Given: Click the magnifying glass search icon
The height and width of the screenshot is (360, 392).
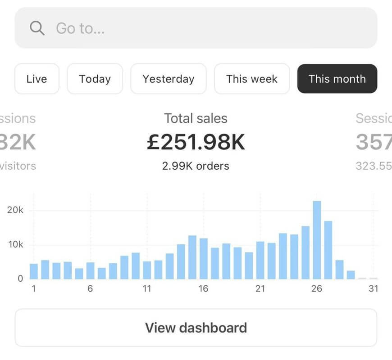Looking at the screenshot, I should (37, 28).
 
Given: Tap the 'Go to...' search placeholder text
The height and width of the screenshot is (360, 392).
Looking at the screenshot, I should (80, 28).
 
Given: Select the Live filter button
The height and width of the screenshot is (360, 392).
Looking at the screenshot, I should (36, 79).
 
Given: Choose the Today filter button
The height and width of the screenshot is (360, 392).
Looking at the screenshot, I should (95, 79).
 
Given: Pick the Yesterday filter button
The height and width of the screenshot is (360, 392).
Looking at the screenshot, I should (168, 79).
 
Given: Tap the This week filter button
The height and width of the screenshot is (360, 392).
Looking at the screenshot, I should (251, 79).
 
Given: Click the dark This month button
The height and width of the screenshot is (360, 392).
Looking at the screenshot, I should (337, 79).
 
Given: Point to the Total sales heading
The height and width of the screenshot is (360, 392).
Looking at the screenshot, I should (196, 118).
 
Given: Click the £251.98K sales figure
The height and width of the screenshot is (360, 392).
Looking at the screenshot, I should (196, 142).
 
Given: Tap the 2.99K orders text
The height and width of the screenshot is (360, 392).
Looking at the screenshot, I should (196, 166).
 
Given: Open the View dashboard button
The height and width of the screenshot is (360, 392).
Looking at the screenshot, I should (196, 327).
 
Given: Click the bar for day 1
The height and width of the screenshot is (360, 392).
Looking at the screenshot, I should (34, 271).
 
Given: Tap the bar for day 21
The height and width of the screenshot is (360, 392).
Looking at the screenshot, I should (260, 261).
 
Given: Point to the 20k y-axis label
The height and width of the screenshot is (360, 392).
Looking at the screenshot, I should (15, 211).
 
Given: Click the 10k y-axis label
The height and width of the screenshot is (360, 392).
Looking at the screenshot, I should (15, 245).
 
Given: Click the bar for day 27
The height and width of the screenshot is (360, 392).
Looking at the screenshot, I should (328, 250).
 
